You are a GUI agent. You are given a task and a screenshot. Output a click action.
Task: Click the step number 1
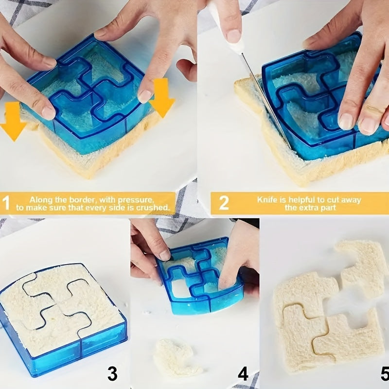click(x=6, y=203)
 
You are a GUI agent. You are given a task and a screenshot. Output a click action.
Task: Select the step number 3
click(x=112, y=373)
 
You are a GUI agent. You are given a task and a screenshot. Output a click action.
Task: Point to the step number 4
click(x=243, y=373)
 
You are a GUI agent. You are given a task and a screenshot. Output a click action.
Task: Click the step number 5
click(x=384, y=373)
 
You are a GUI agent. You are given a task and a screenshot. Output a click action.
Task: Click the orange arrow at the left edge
click(x=12, y=122)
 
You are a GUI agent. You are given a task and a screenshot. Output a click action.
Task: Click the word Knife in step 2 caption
click(x=268, y=199)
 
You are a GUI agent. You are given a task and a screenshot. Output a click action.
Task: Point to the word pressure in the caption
click(x=138, y=199)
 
